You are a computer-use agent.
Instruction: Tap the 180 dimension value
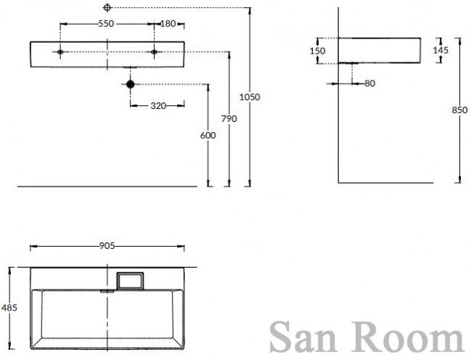pyautogui.click(x=168, y=23)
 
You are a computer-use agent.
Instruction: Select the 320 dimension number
pyautogui.click(x=158, y=106)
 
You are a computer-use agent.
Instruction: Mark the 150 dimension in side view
pyautogui.click(x=317, y=51)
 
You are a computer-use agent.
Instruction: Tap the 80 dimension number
pyautogui.click(x=370, y=83)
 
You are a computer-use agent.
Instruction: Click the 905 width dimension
pyautogui.click(x=107, y=246)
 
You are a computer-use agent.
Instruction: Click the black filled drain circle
pyautogui.click(x=131, y=84)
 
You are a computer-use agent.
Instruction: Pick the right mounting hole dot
pyautogui.click(x=154, y=52)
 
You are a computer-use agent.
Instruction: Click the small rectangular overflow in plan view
pyautogui.click(x=130, y=279)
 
